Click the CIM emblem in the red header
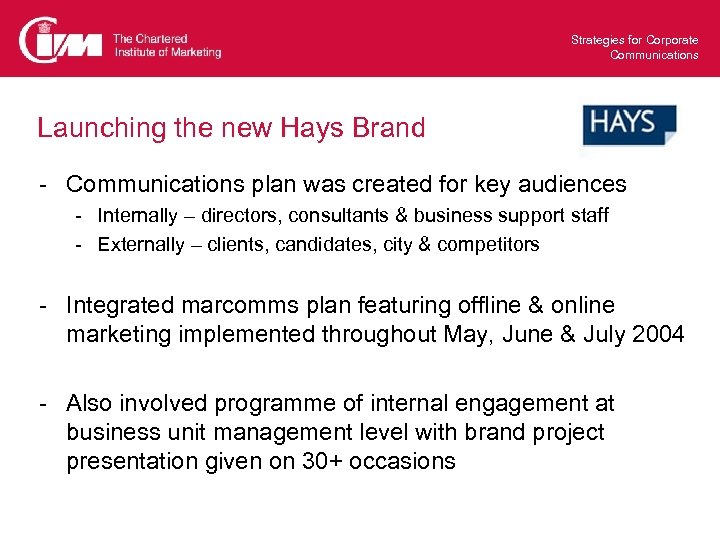pos(60,40)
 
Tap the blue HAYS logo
pos(628,125)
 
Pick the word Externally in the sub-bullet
pos(140,244)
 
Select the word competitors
pos(490,244)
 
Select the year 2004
pos(659,334)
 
